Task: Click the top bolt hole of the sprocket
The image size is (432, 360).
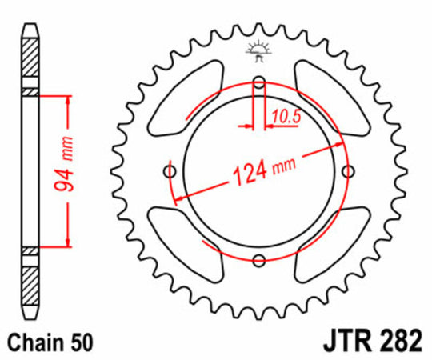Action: click(x=258, y=81)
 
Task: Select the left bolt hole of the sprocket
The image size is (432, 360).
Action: click(x=169, y=170)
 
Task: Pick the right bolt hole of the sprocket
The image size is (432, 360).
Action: click(x=348, y=170)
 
